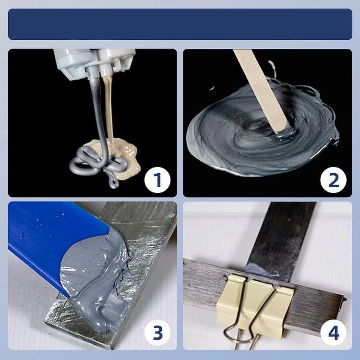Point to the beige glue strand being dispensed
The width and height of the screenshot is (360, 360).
coord(108,110)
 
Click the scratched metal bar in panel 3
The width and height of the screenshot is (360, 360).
coord(144,226)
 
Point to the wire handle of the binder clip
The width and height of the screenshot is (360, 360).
coord(240,334)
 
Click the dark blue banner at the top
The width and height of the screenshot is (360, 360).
coord(180,24)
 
